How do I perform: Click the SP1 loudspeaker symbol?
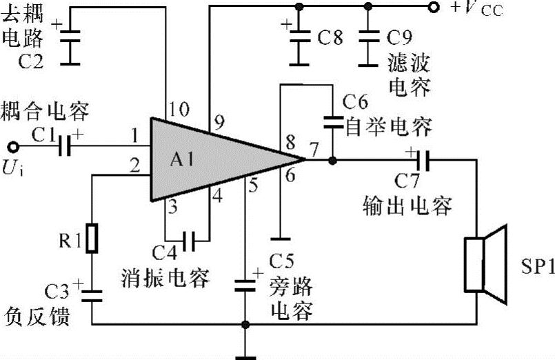coord(483,265)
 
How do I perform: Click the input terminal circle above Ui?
coord(12,146)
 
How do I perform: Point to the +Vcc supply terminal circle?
coord(433,8)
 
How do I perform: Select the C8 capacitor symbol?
coord(299,37)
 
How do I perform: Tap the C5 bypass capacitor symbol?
coord(245,285)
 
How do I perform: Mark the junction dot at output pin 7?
coord(332,161)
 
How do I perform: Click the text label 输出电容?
coord(407,205)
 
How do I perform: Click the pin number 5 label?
coord(253,185)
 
